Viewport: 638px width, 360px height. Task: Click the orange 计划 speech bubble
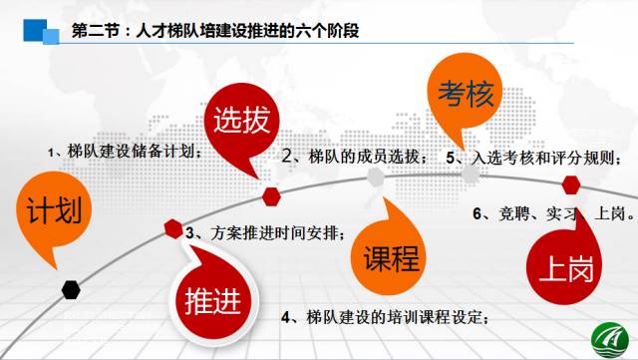pyautogui.click(x=47, y=212)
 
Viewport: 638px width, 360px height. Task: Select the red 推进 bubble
pyautogui.click(x=210, y=297)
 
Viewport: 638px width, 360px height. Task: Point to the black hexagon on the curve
pyautogui.click(x=71, y=289)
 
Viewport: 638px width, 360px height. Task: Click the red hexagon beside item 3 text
pyautogui.click(x=173, y=228)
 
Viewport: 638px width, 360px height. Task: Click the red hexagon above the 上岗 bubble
pyautogui.click(x=571, y=183)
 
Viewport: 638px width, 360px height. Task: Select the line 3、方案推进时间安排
pyautogui.click(x=266, y=234)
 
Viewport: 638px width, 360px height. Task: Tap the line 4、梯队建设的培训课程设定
pyautogui.click(x=386, y=318)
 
